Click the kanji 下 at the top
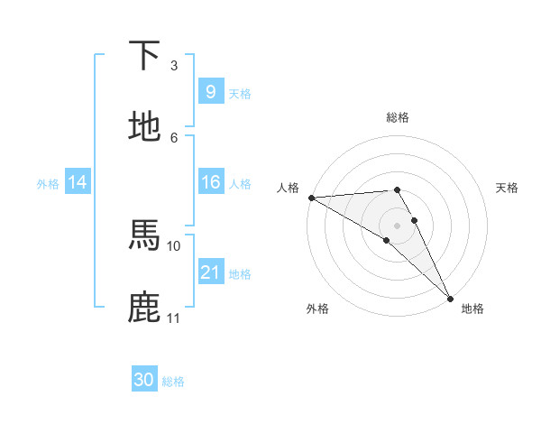145,56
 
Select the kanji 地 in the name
145,127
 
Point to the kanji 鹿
145,307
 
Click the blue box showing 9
210,92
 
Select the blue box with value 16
210,182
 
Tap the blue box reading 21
210,272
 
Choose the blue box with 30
144,380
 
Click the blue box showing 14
78,182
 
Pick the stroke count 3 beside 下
174,66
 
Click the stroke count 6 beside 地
174,137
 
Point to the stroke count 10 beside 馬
174,245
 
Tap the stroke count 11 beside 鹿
174,318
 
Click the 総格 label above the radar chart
398,117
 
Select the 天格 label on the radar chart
507,188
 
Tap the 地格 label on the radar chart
472,309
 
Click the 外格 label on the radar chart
317,309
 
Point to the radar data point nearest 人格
311,198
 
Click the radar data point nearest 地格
449,296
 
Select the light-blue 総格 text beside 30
173,381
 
